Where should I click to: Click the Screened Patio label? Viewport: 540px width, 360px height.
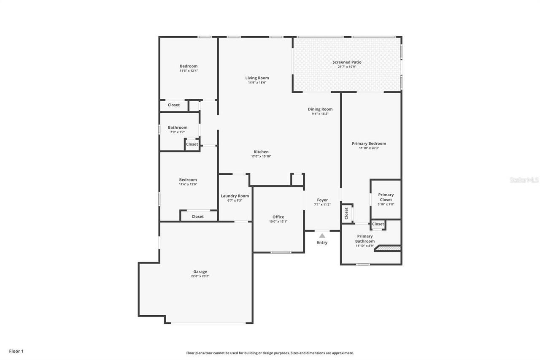coord(347,62)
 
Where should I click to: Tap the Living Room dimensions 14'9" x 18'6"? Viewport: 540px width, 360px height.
coord(257,83)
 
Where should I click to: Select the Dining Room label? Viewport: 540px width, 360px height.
coord(320,109)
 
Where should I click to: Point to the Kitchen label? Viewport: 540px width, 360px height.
coord(261,152)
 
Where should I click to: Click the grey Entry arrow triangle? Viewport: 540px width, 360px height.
coord(322,236)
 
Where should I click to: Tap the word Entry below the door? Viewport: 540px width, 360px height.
coord(322,243)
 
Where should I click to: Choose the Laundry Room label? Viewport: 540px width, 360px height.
coord(235,196)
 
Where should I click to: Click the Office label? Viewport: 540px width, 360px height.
coord(278,217)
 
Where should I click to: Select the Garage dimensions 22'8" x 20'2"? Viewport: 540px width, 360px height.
coord(200,276)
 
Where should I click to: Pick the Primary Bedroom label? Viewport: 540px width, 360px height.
coord(369,143)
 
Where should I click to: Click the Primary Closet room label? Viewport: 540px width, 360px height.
coord(386,197)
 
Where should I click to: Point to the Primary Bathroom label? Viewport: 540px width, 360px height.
coord(364,239)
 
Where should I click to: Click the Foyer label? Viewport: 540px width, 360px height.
coord(322,200)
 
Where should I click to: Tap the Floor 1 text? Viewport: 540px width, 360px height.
coord(16,351)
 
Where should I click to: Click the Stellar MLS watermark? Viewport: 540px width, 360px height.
coord(524,180)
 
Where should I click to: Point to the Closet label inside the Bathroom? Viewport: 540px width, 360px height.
coord(192,144)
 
